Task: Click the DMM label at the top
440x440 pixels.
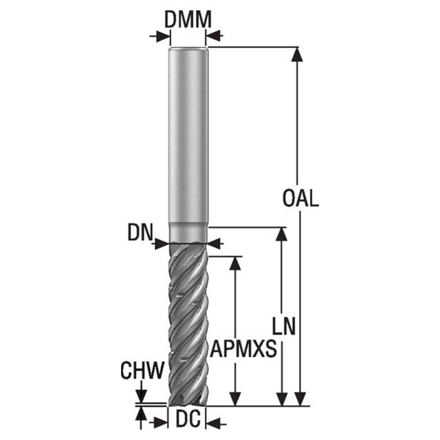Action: (x=188, y=20)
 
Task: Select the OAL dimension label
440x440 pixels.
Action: (x=300, y=199)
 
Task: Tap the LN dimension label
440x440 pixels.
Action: (x=284, y=326)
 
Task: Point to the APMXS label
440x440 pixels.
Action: (x=243, y=349)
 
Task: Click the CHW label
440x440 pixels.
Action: (x=142, y=371)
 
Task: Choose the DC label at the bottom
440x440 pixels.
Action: (x=188, y=419)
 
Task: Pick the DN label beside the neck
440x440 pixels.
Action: (x=140, y=232)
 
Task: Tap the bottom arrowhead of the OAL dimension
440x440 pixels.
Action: (x=300, y=399)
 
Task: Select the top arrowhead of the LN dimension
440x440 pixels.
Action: (x=281, y=234)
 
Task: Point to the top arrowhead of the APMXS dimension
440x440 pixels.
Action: (x=235, y=263)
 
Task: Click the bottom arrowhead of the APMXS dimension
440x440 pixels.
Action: (x=235, y=399)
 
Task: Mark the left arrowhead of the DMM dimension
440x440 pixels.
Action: (x=164, y=36)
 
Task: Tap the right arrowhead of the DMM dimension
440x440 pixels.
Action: (x=213, y=36)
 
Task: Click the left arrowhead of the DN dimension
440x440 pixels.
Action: (x=162, y=243)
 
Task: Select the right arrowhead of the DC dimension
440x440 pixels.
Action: (x=213, y=423)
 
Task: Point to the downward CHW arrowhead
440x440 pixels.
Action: (x=141, y=396)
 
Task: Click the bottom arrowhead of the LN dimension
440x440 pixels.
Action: (x=281, y=399)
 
